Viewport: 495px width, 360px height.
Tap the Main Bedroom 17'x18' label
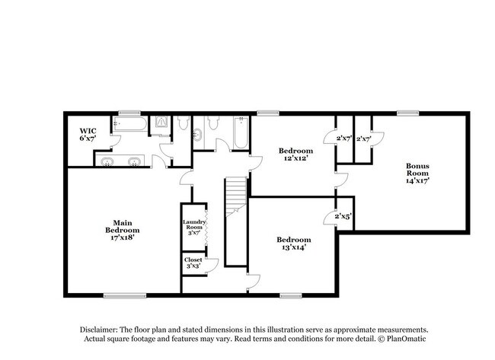click(122, 229)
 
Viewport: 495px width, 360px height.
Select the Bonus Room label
click(417, 174)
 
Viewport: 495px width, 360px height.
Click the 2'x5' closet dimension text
click(343, 218)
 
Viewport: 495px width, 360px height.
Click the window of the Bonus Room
click(407, 113)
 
